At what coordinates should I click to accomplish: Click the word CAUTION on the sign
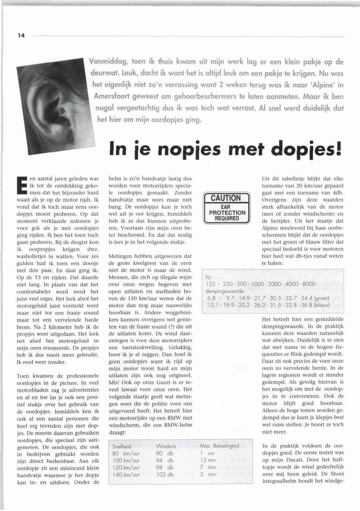[226, 198]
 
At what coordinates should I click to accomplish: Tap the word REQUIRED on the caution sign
[227, 219]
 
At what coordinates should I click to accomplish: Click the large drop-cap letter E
[22, 185]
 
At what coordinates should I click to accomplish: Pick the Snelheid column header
[121, 446]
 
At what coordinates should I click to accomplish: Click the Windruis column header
[166, 446]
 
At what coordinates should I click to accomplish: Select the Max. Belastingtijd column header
[219, 446]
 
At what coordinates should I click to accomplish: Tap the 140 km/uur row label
[126, 474]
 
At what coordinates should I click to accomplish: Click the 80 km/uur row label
[126, 453]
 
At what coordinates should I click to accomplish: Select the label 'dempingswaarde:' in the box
[225, 291]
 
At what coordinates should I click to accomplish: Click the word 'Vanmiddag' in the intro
[108, 61]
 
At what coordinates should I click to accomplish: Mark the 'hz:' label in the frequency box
[209, 277]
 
